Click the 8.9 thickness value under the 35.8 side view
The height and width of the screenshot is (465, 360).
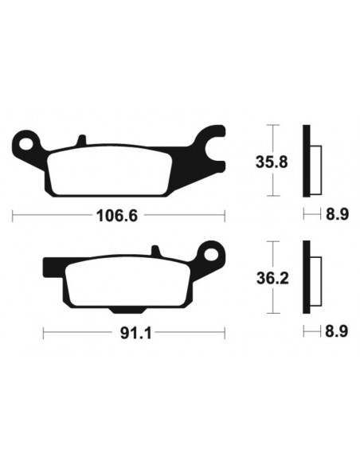[335, 215]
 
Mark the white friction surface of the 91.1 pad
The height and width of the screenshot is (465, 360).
[131, 282]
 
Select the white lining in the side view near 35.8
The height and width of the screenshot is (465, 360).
[315, 162]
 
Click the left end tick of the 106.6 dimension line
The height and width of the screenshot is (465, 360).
[14, 215]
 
